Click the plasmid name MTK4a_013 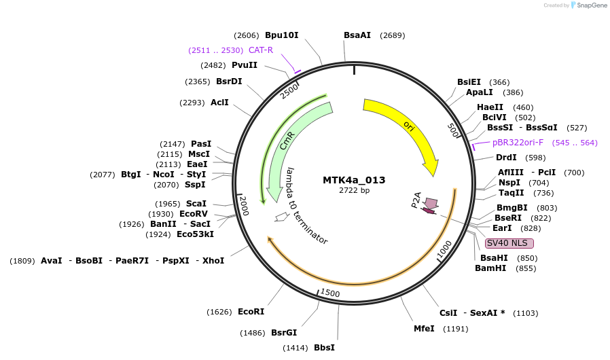[354, 180]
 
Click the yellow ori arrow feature [408, 129]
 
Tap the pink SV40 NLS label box [509, 243]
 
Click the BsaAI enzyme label [357, 35]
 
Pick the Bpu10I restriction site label [281, 35]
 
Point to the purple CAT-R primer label [260, 50]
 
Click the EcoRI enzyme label [251, 311]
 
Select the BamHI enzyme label [490, 268]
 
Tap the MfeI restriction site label [424, 329]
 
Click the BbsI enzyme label [324, 348]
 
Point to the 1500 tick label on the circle [330, 293]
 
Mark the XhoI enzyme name [213, 260]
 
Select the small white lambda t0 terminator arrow [281, 217]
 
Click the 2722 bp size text [354, 190]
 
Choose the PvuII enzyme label [245, 65]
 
